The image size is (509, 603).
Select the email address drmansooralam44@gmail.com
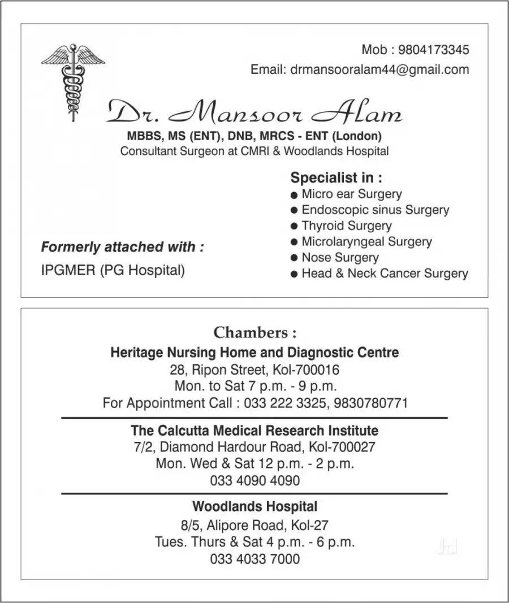coord(379,70)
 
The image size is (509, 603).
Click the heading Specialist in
coord(336,178)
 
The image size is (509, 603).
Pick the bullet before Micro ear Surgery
coord(294,195)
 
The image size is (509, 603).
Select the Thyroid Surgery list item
coord(346,226)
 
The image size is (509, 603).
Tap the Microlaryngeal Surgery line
coord(366,242)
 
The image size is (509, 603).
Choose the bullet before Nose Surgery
coord(294,258)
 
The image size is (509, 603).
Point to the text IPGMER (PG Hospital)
coord(113,270)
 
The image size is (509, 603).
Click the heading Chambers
coord(255,332)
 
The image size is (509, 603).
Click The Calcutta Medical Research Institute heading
coord(255,431)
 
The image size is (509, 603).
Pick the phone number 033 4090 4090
coord(255,481)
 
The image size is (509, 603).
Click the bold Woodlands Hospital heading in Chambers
coord(255,506)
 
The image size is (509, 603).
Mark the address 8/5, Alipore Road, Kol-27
coord(255,525)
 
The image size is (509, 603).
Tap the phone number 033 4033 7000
coord(255,559)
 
